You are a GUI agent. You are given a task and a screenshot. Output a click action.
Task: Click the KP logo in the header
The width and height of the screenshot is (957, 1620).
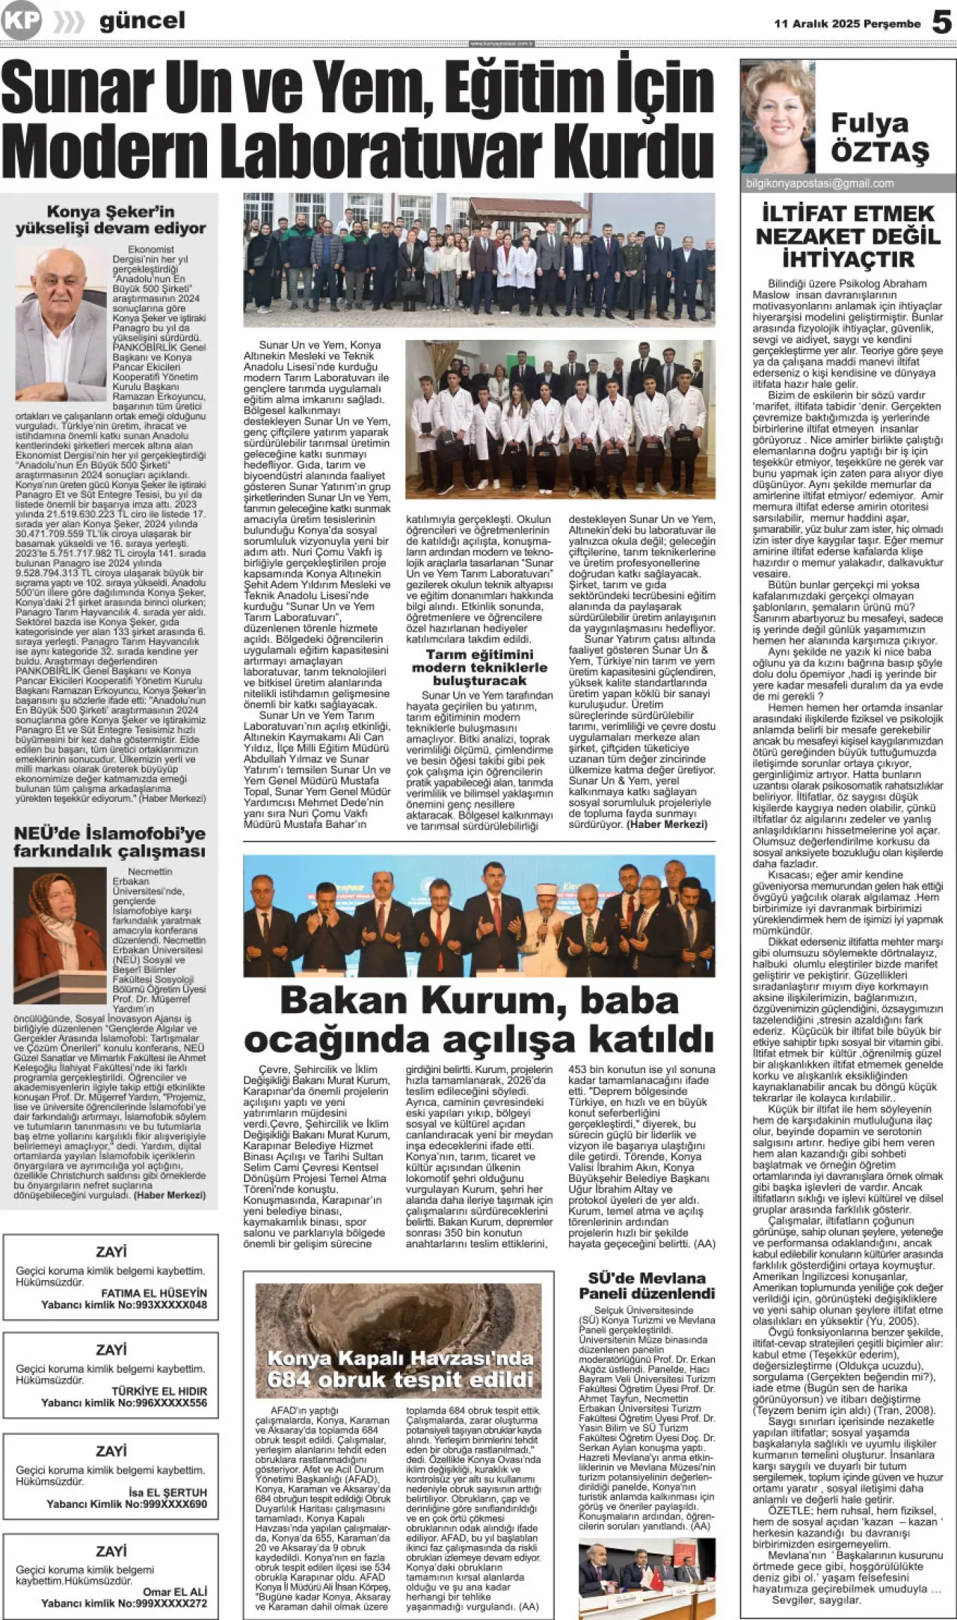(x=21, y=21)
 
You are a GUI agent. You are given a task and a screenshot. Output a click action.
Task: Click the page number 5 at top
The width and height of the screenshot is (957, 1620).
(x=941, y=22)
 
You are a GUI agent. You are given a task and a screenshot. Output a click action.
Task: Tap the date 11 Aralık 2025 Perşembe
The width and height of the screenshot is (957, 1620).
(x=847, y=24)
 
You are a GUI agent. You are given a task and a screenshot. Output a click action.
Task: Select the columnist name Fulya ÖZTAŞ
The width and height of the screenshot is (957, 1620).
(x=879, y=137)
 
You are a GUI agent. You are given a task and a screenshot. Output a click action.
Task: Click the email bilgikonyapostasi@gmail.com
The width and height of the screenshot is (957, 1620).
(x=819, y=183)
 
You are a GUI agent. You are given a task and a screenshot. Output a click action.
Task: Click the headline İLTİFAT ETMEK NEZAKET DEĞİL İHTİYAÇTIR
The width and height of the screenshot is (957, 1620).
(x=848, y=236)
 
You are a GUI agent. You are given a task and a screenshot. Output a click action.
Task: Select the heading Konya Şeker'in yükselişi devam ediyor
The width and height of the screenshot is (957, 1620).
(x=111, y=220)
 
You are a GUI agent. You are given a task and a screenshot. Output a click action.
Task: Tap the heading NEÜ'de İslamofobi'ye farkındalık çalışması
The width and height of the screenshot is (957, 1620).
(x=109, y=842)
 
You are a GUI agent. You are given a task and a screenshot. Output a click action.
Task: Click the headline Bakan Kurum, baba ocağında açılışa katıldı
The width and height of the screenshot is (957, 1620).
(x=478, y=1019)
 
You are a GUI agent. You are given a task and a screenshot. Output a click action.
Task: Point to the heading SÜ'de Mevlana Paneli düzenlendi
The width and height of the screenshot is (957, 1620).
(x=647, y=1285)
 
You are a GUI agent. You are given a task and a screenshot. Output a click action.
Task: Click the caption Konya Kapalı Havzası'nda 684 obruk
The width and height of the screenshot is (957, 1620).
(x=400, y=1369)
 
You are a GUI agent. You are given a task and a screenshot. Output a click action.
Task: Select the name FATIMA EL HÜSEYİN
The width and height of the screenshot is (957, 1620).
(x=154, y=1293)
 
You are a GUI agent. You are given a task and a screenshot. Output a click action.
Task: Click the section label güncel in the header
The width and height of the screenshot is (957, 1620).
(x=141, y=21)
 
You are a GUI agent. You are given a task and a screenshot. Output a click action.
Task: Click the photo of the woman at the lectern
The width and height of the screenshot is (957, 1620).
(x=60, y=934)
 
